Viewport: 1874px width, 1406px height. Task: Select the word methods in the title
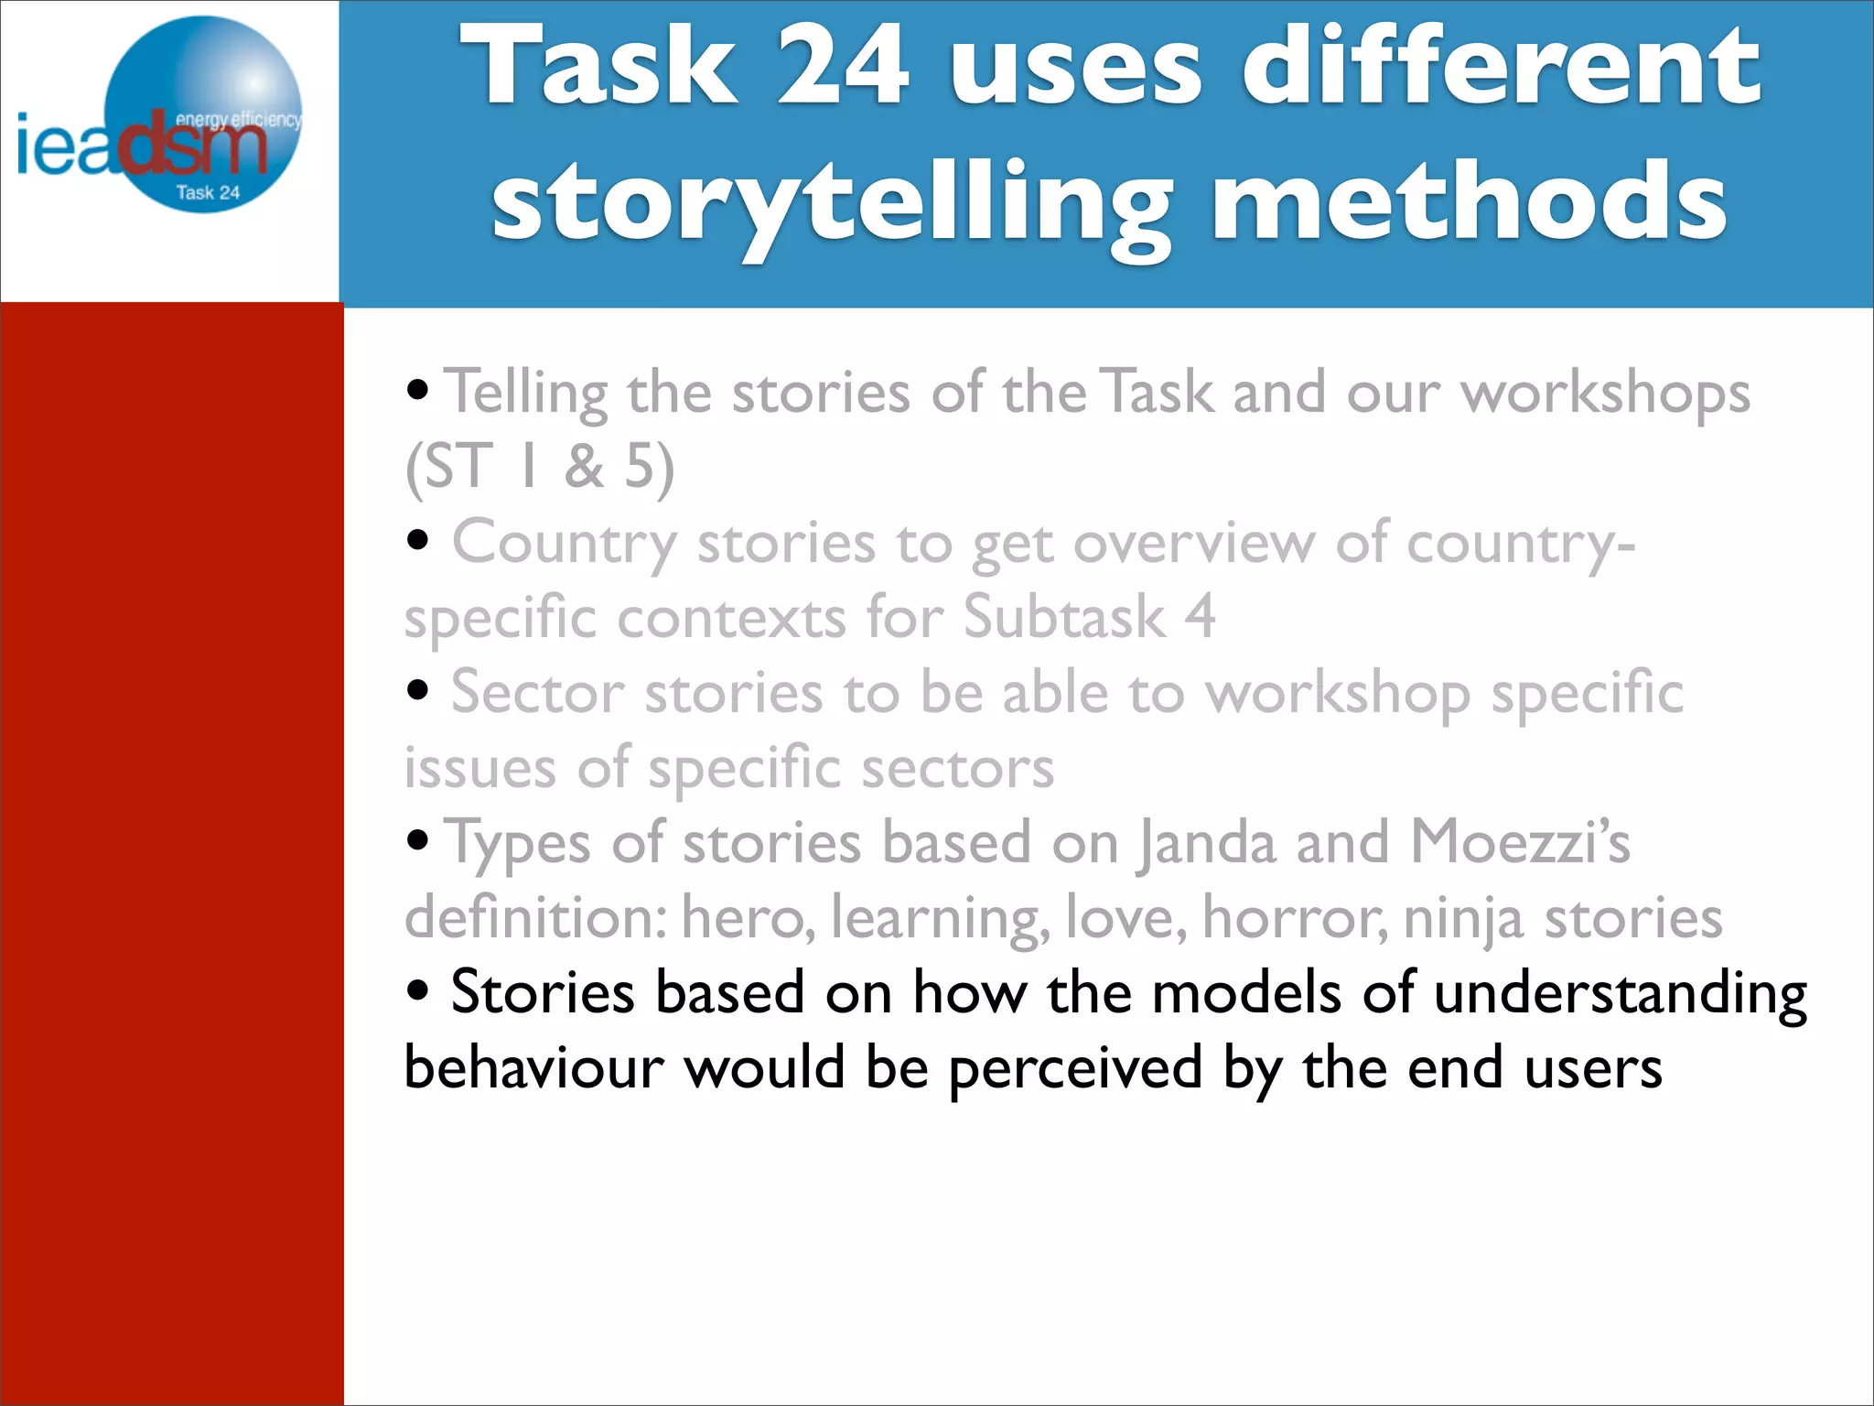(x=1470, y=200)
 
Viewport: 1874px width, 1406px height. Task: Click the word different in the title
(x=1501, y=66)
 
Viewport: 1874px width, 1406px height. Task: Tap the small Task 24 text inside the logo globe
(x=208, y=193)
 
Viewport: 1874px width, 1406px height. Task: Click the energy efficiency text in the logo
(x=237, y=119)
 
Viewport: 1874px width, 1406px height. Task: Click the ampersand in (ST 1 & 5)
(x=584, y=467)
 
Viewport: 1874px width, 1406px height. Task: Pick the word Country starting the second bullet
(x=564, y=543)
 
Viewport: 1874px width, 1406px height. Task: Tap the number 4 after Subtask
(x=1200, y=617)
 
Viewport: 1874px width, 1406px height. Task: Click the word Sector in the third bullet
(x=537, y=693)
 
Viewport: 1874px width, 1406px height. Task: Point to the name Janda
(x=1206, y=842)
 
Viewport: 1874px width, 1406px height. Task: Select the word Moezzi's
(x=1520, y=842)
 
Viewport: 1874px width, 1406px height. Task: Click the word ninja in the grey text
(x=1462, y=918)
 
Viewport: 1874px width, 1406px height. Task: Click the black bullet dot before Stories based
(x=418, y=991)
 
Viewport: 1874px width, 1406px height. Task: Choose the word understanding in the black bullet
(x=1620, y=993)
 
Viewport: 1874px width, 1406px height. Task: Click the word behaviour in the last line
(x=533, y=1068)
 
